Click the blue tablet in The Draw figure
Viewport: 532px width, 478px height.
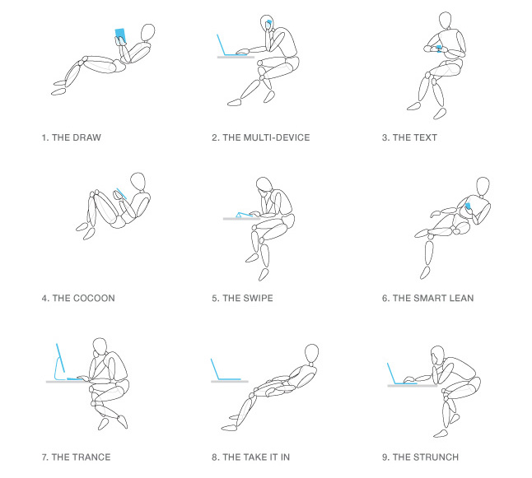pyautogui.click(x=120, y=35)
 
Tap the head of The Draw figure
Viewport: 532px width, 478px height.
pyautogui.click(x=147, y=33)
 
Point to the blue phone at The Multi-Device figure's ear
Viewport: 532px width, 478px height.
pyautogui.click(x=269, y=24)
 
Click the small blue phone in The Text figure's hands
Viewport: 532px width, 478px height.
pyautogui.click(x=439, y=49)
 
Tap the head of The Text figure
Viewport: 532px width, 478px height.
pyautogui.click(x=446, y=21)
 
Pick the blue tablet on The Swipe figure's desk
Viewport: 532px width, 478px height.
pyautogui.click(x=244, y=215)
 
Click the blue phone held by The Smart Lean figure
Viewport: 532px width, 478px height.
pyautogui.click(x=469, y=207)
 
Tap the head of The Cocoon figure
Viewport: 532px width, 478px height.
pyautogui.click(x=138, y=181)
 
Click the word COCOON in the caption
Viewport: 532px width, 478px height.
pyautogui.click(x=94, y=299)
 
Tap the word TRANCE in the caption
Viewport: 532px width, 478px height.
pyautogui.click(x=91, y=457)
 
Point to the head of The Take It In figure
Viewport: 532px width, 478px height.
pyautogui.click(x=311, y=354)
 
